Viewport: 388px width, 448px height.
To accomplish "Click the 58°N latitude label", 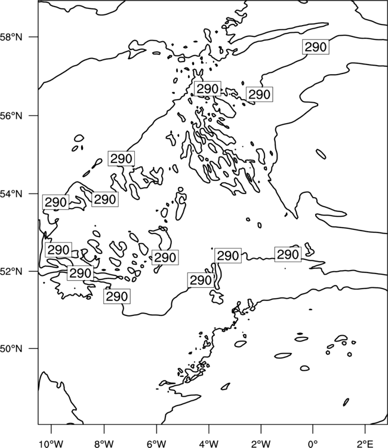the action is coord(11,37).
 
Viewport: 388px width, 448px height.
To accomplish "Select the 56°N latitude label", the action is coord(11,116).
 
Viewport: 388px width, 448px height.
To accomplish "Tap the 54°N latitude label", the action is coord(11,194).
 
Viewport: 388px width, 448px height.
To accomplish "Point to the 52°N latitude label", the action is coord(11,271).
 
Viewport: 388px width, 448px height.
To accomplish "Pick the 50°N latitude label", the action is coord(11,349).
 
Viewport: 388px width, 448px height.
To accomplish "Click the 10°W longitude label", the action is coord(51,444).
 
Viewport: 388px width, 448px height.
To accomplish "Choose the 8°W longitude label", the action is coord(104,444).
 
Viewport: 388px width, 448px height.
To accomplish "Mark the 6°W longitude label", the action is coord(156,444).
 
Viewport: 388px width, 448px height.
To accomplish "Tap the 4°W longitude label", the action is coord(209,444).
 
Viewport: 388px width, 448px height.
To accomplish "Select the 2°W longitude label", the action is coord(261,444).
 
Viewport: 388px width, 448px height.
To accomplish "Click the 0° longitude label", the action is coord(313,444).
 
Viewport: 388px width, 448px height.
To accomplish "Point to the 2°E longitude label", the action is coord(365,444).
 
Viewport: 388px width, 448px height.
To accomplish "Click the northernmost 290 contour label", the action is coord(316,47).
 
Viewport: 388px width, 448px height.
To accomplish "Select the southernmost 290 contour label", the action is coord(117,296).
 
